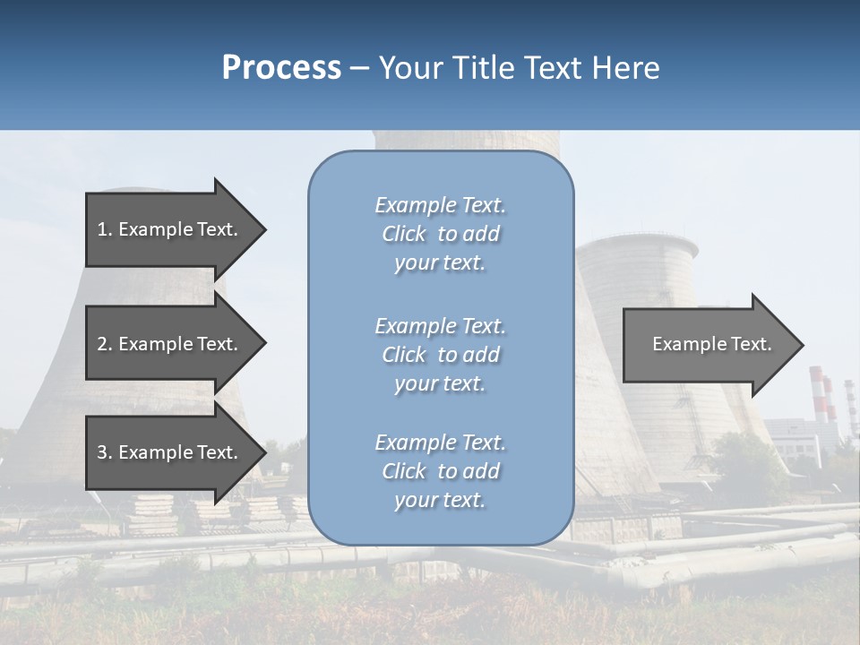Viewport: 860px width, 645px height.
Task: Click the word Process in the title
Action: pyautogui.click(x=281, y=68)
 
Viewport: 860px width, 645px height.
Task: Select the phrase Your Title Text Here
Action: pyautogui.click(x=519, y=68)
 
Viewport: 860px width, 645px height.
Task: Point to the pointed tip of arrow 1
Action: pyautogui.click(x=264, y=229)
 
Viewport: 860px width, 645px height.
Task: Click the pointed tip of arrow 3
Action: pyautogui.click(x=264, y=452)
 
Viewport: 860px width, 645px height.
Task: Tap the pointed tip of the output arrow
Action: pyautogui.click(x=802, y=345)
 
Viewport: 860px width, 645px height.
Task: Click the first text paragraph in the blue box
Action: pyautogui.click(x=440, y=234)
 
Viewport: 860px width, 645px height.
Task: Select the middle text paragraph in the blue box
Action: pyautogui.click(x=440, y=355)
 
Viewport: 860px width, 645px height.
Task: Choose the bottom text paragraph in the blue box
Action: pyautogui.click(x=440, y=471)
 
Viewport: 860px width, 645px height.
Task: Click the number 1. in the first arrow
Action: pyautogui.click(x=105, y=229)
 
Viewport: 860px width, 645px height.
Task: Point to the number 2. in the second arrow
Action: pyautogui.click(x=105, y=344)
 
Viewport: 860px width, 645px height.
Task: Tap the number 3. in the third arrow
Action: pyautogui.click(x=105, y=452)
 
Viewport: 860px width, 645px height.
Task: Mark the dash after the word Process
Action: pyautogui.click(x=360, y=68)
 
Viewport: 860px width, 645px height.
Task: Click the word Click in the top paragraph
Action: pyautogui.click(x=404, y=234)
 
